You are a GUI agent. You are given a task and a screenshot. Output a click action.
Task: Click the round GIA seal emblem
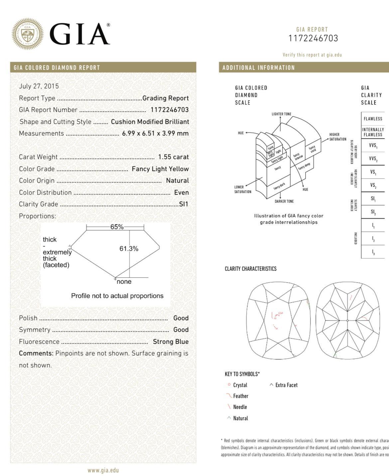[28, 34]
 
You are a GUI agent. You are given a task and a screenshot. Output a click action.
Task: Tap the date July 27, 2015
[39, 86]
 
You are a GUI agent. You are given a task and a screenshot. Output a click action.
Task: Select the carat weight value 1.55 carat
[173, 157]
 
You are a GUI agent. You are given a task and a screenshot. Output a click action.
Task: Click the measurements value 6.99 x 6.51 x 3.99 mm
[155, 134]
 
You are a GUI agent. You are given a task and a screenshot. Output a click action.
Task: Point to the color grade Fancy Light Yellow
[160, 169]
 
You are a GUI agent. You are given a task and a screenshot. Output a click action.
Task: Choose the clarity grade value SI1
[184, 204]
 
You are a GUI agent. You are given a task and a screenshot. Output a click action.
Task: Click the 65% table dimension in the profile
[117, 227]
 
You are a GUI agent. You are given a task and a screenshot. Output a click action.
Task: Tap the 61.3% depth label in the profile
[129, 249]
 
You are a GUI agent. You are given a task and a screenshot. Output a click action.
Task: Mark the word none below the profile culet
[124, 282]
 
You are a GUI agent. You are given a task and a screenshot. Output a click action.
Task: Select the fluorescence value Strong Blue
[171, 342]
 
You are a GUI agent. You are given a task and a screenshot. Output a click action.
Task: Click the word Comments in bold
[36, 353]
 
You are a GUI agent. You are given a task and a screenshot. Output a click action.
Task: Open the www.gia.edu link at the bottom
[103, 470]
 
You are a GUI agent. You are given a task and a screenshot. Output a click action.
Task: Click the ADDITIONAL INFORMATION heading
[259, 68]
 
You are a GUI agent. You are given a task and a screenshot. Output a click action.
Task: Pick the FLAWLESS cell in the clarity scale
[373, 119]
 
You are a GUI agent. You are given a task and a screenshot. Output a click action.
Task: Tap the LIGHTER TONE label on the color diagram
[281, 114]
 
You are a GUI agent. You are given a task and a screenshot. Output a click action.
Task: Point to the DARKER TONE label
[284, 201]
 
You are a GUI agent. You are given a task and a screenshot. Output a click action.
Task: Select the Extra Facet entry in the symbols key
[286, 385]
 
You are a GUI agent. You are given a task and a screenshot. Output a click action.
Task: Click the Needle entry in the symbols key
[240, 407]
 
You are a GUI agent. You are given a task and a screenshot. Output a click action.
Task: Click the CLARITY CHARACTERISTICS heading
[250, 269]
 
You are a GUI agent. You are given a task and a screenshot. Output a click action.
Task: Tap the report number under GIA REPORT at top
[313, 39]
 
